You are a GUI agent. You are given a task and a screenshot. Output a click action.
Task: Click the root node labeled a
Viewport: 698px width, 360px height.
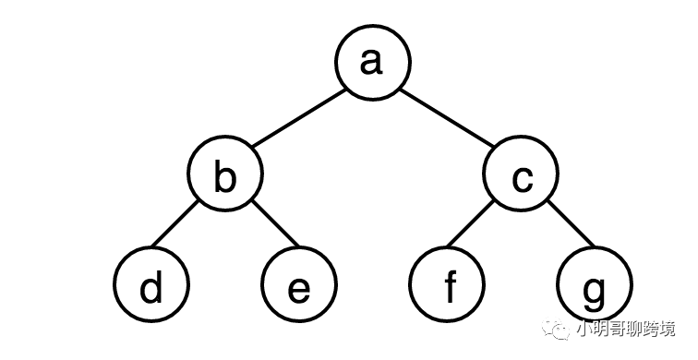[x=373, y=63]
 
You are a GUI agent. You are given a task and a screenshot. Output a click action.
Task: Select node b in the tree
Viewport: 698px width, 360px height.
[x=225, y=174]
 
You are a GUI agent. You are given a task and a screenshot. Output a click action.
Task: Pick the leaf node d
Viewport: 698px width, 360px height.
[x=151, y=284]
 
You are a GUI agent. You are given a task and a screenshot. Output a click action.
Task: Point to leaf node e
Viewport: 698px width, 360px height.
[x=299, y=284]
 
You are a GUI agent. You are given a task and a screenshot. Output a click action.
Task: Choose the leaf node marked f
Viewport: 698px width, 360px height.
[x=447, y=284]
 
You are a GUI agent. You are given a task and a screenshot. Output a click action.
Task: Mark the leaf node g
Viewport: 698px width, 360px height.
[x=595, y=284]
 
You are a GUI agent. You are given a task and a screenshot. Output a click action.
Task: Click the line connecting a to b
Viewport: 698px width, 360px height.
[x=299, y=118]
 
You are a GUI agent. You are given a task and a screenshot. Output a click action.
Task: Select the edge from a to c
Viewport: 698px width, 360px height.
[x=447, y=118]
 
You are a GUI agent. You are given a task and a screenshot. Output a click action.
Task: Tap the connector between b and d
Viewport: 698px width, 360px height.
[x=174, y=223]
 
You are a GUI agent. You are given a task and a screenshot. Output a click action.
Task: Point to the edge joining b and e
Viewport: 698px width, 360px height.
[x=276, y=223]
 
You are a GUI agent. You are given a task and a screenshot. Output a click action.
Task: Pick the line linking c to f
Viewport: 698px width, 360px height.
[x=471, y=223]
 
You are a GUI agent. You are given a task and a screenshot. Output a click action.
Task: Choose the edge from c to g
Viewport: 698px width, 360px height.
[x=572, y=223]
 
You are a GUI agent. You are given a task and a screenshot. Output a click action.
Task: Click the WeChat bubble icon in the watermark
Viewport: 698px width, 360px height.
[x=556, y=329]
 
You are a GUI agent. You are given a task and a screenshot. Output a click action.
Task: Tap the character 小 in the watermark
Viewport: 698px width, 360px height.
[x=584, y=329]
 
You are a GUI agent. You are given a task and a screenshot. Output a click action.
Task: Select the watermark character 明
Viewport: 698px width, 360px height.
[x=600, y=329]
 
